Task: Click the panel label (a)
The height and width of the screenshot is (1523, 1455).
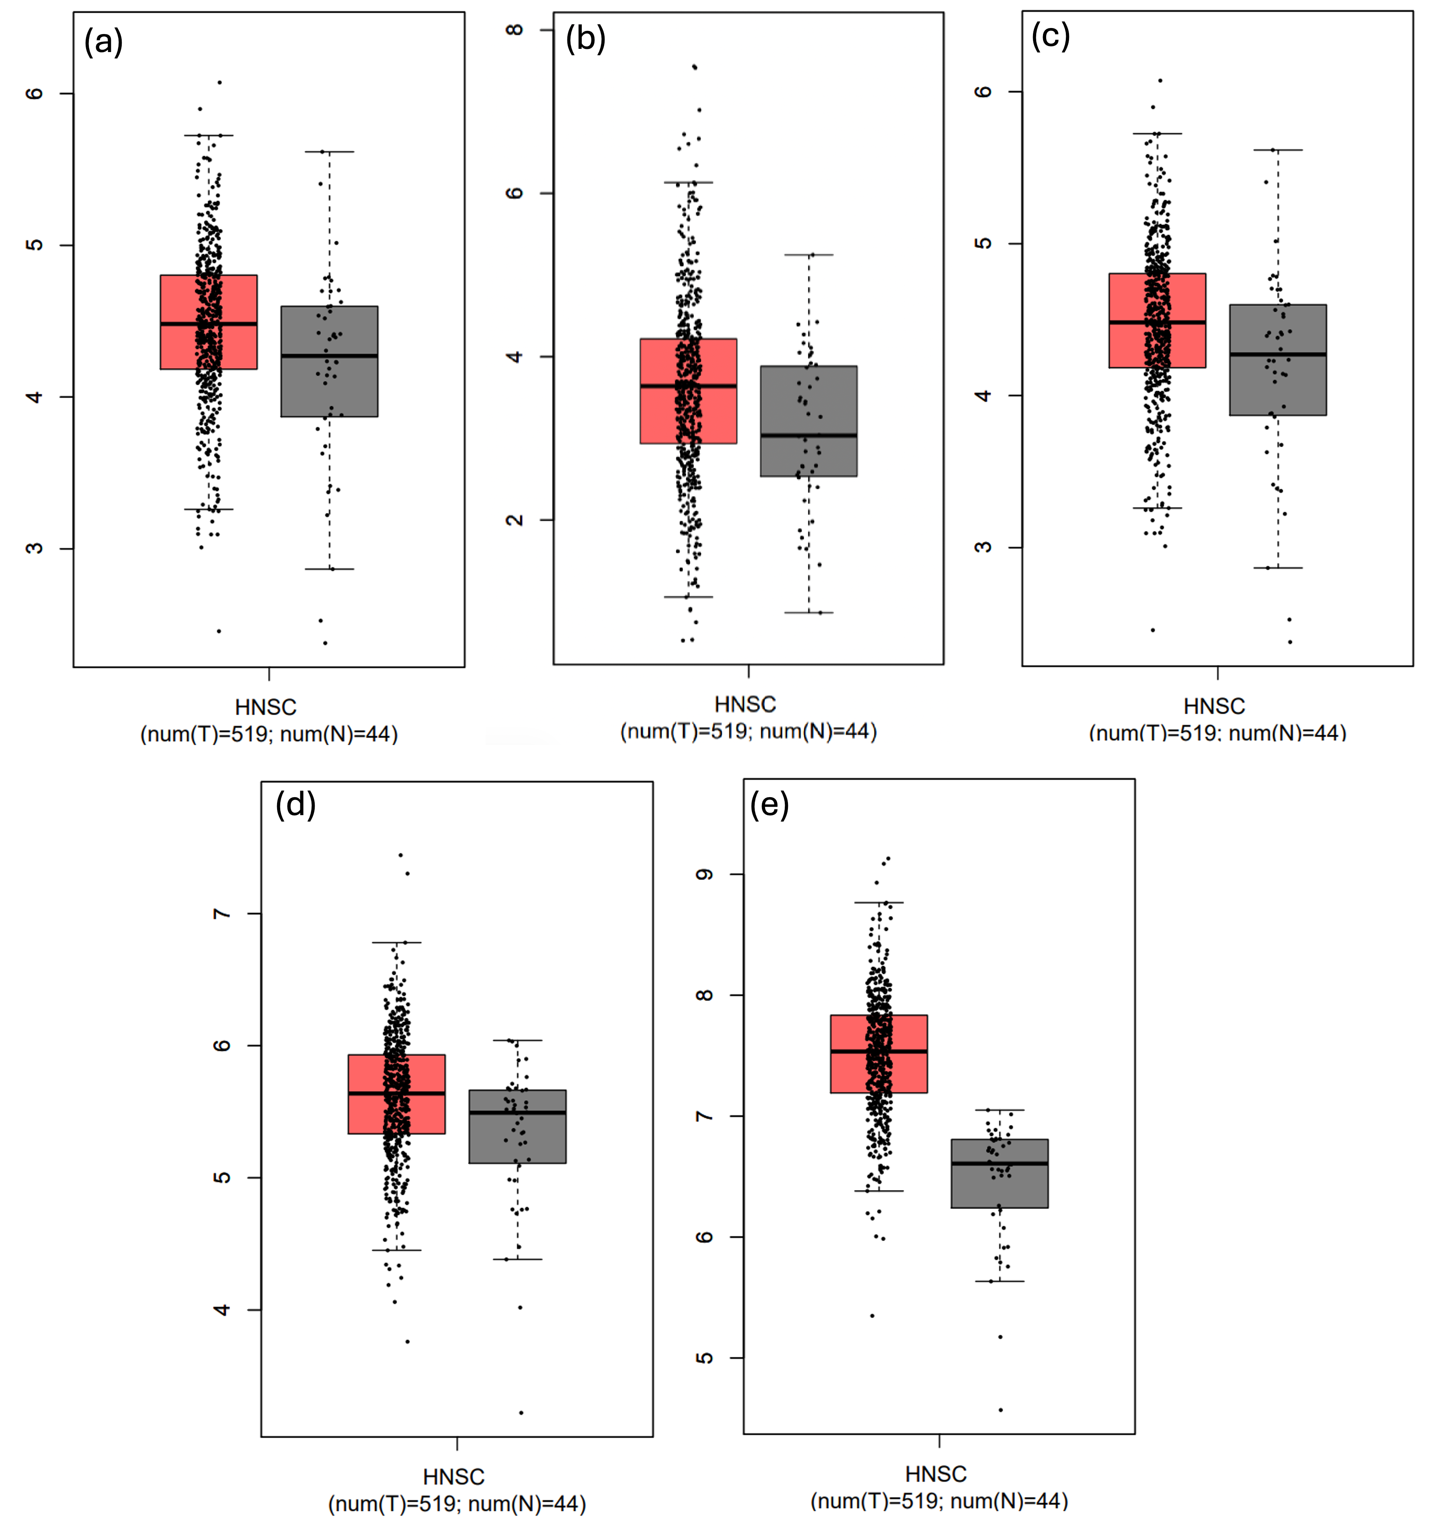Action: tap(103, 42)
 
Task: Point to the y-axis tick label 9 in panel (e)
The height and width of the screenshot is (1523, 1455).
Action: tap(704, 875)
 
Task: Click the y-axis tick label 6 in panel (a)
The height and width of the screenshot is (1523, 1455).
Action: tap(34, 93)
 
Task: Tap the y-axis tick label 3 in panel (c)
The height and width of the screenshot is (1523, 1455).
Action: tap(983, 547)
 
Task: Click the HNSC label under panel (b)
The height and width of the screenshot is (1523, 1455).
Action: tap(745, 704)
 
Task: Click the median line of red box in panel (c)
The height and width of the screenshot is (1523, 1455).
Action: tap(1157, 322)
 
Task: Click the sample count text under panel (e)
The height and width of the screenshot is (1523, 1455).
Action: tap(939, 1501)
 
